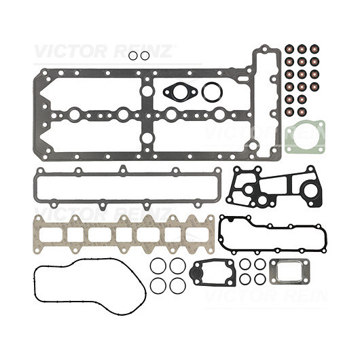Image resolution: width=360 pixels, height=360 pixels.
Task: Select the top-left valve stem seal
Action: point(289,49)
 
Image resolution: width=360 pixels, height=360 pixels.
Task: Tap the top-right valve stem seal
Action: point(314,49)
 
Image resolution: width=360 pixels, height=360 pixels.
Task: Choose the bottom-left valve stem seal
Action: point(289,111)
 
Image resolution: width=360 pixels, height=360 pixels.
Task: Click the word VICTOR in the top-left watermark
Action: point(70,52)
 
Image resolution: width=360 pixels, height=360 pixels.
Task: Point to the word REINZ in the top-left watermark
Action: point(141,52)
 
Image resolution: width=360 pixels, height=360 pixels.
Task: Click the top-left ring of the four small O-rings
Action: point(240,264)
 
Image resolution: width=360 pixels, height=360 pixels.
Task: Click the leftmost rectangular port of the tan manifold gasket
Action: point(50,234)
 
